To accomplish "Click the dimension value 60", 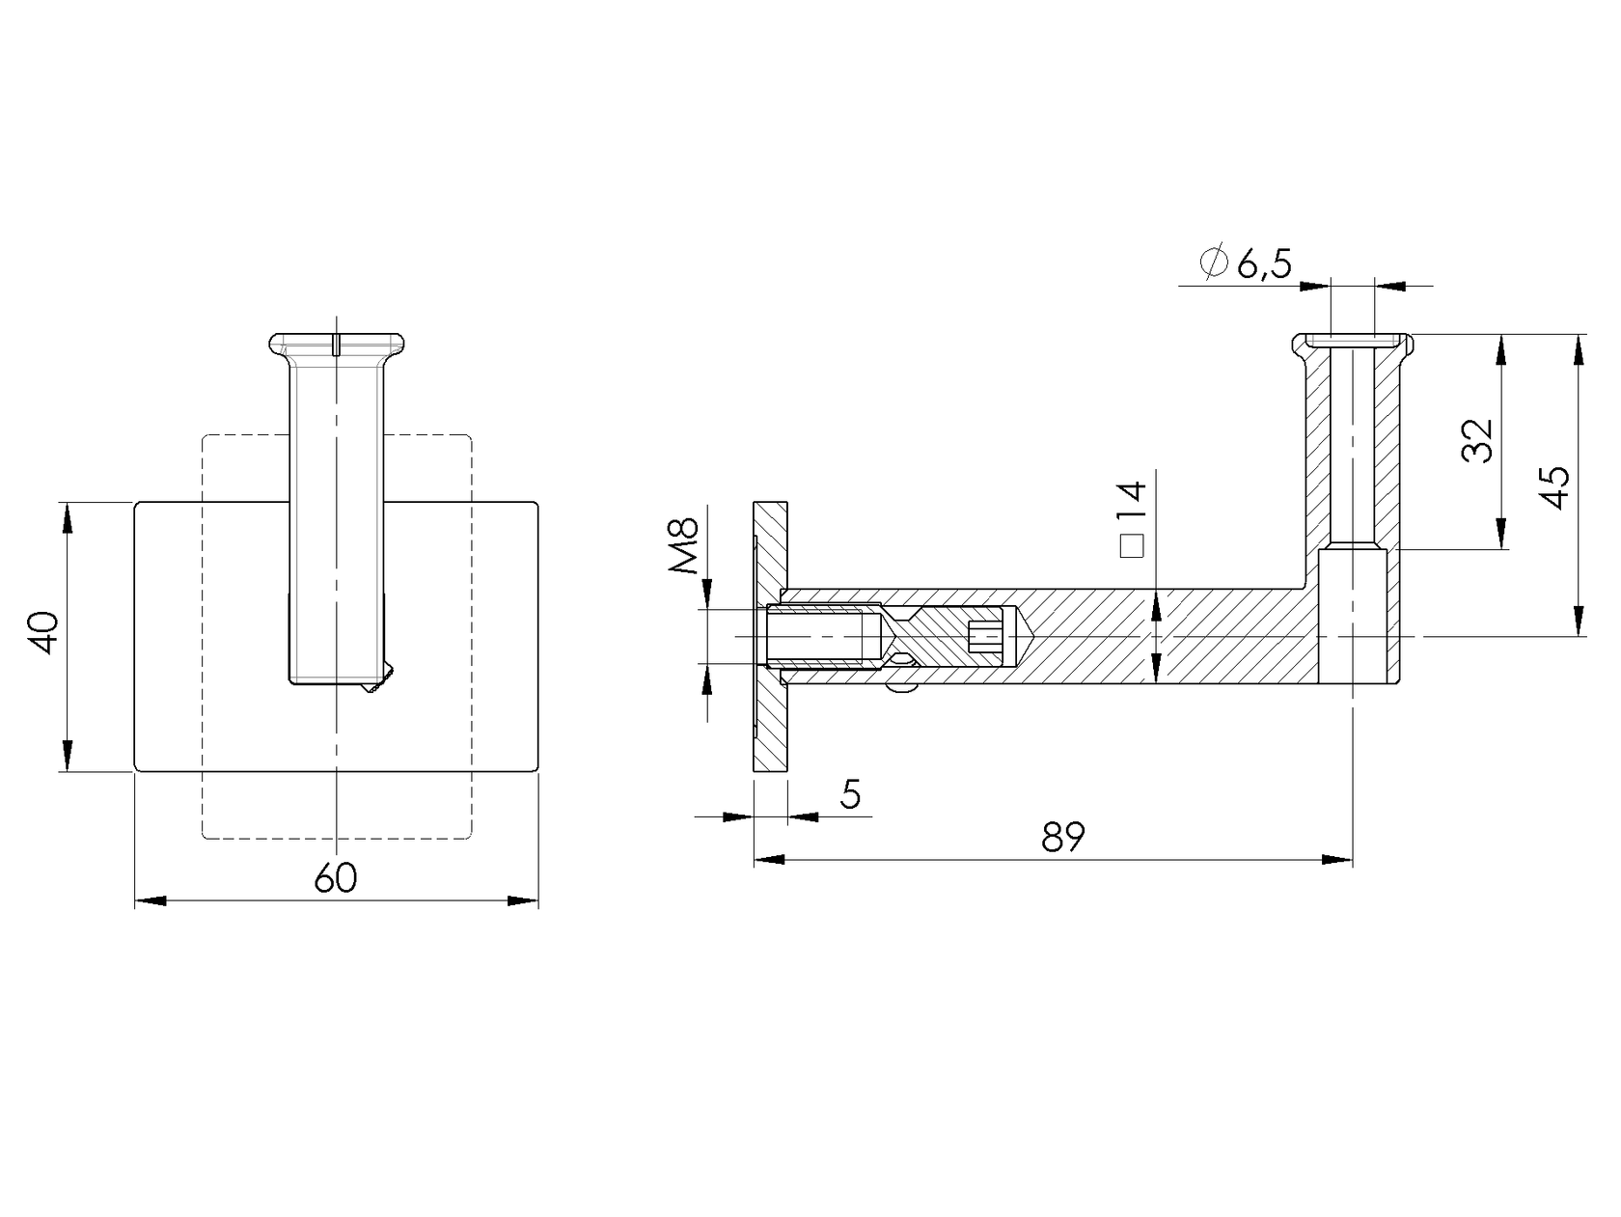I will tap(336, 878).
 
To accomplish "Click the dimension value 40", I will tap(45, 634).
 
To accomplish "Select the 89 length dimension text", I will tap(1063, 837).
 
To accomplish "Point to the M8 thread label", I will tap(683, 546).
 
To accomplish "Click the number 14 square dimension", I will tap(1131, 503).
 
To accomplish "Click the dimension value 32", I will tap(1477, 441).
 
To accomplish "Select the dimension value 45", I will tap(1555, 487).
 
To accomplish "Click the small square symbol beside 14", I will tap(1131, 547).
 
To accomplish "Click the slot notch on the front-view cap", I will tap(336, 345).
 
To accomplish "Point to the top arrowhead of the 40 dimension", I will tap(67, 516).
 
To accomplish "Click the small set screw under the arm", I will tap(903, 688).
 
